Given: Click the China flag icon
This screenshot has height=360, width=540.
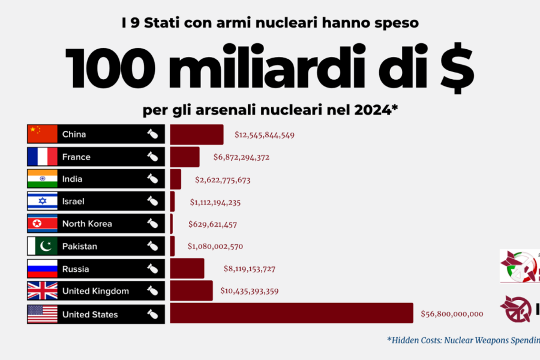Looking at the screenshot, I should [x=43, y=134].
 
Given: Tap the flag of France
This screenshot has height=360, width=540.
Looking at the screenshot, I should [x=43, y=157].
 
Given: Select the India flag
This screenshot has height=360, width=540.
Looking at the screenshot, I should [x=43, y=179].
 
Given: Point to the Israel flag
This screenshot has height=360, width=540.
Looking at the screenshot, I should [x=43, y=201].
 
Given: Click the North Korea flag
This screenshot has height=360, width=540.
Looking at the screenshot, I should [x=43, y=224].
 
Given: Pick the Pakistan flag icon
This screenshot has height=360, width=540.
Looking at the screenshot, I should [x=43, y=246].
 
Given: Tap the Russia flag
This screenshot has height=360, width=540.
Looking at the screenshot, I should [x=43, y=269].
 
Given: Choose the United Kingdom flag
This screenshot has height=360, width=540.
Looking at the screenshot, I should [x=43, y=291].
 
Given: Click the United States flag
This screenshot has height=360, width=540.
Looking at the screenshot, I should [x=43, y=314].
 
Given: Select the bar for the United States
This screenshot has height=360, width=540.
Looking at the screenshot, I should [x=292, y=313].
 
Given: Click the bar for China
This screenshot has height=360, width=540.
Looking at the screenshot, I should [x=197, y=134].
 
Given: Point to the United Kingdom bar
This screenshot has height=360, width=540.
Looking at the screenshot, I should [x=191, y=291].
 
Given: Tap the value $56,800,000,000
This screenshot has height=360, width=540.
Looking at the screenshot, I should [x=452, y=314].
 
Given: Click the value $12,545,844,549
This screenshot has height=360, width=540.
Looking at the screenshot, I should [x=264, y=135].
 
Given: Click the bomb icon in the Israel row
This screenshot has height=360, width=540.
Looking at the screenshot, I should [x=153, y=201].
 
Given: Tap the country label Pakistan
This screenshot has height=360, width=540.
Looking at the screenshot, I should [x=79, y=246].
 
